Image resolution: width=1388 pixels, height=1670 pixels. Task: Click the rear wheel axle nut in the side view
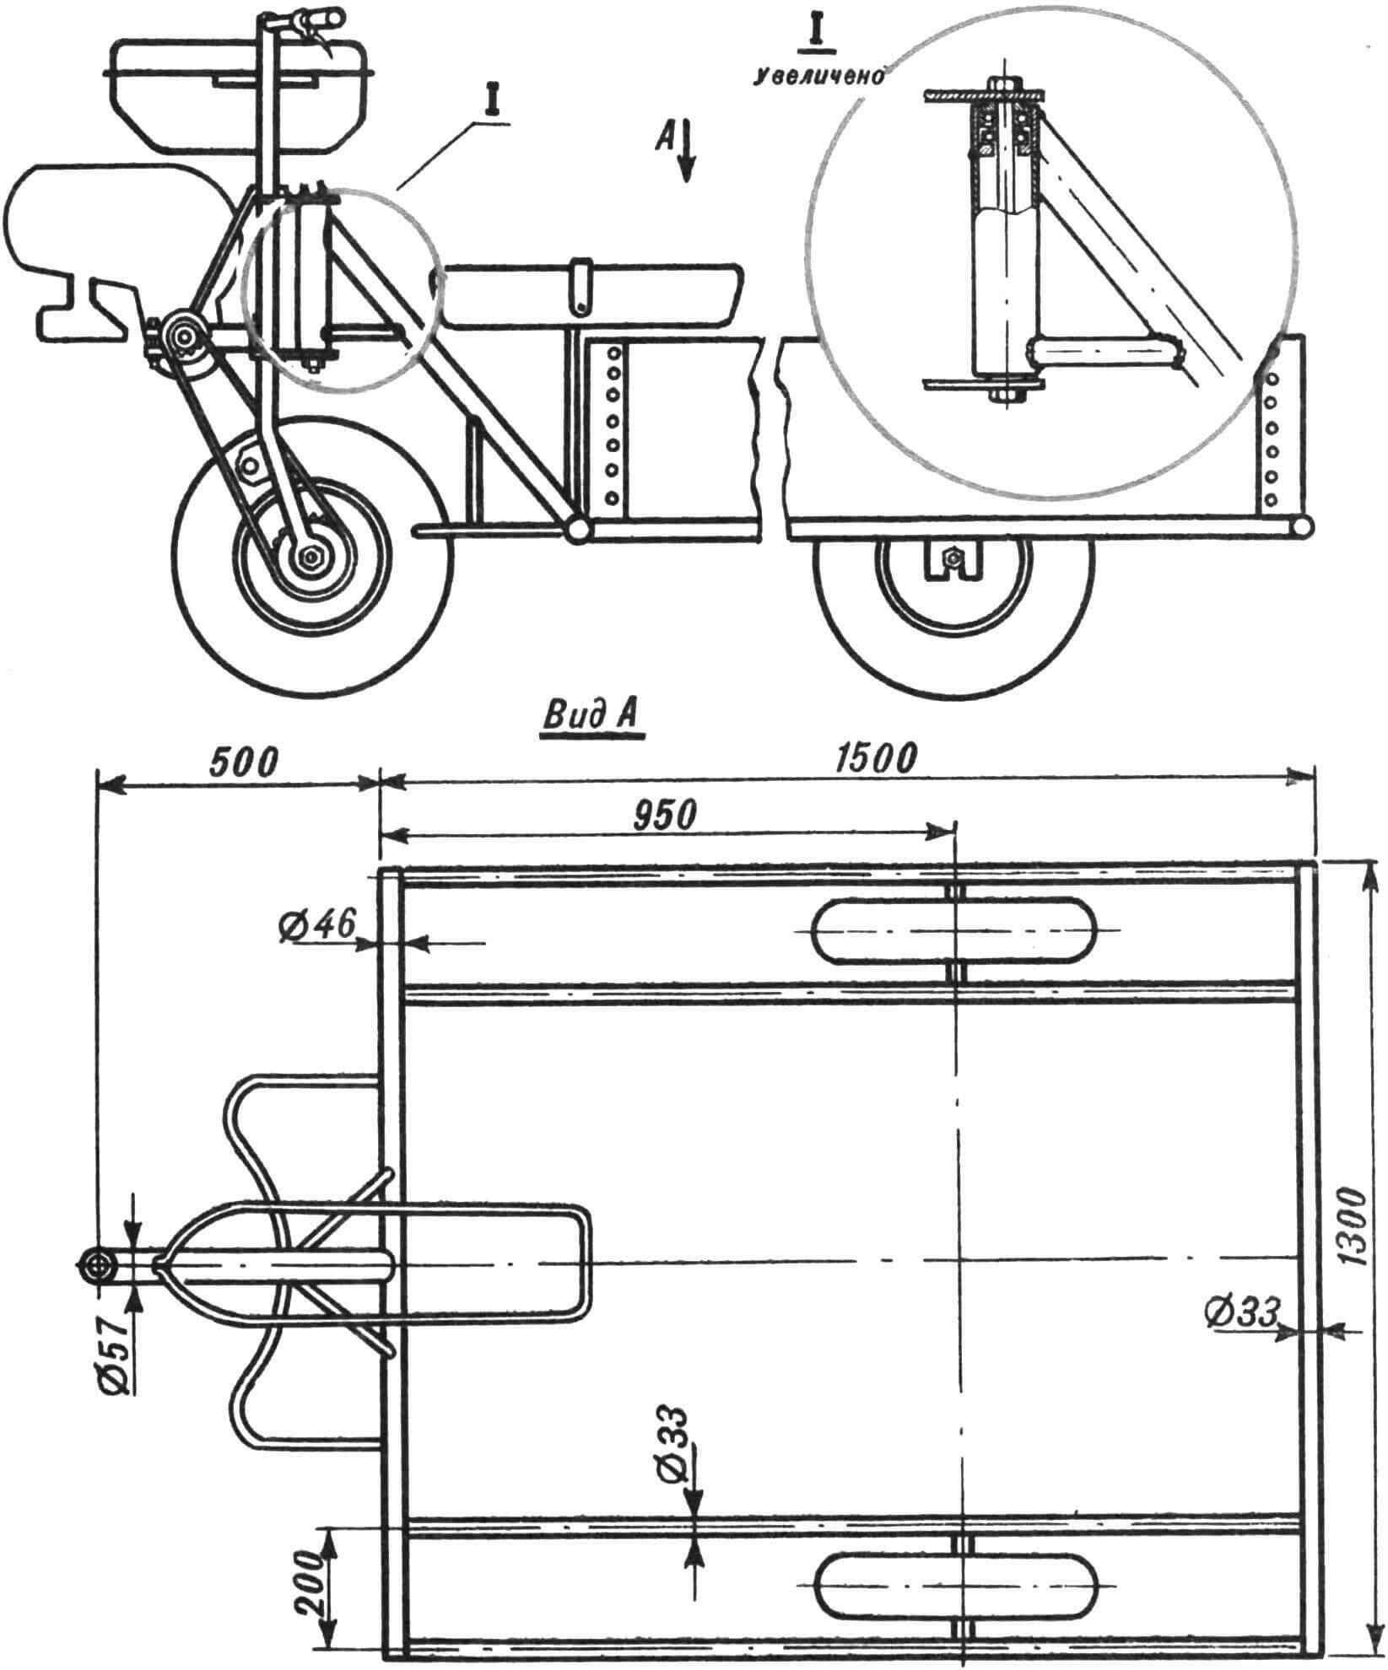click(953, 557)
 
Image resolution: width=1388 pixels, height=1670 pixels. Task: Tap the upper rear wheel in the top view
click(953, 929)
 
